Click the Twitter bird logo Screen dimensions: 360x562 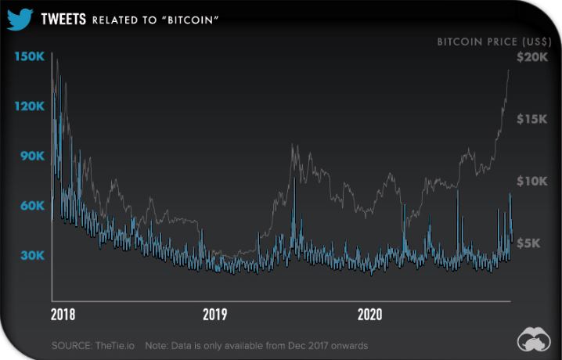[19, 19]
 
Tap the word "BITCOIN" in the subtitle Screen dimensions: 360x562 [189, 20]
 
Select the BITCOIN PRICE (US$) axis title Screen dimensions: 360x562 [488, 41]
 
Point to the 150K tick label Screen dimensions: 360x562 [31, 56]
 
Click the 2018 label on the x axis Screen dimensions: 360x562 [63, 315]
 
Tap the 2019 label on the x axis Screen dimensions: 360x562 [215, 315]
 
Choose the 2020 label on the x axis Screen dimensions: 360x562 [369, 315]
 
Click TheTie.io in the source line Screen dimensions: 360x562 [117, 345]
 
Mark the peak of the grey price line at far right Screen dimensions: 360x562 [509, 70]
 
